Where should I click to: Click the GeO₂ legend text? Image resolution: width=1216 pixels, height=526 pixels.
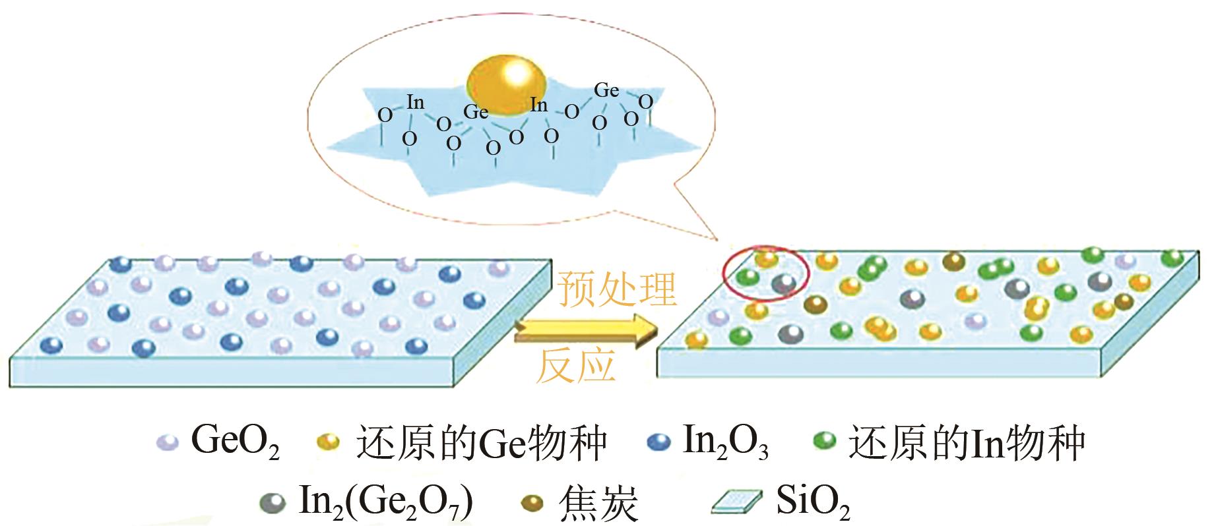coord(235,441)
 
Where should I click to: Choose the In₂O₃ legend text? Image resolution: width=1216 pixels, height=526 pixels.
coord(724,442)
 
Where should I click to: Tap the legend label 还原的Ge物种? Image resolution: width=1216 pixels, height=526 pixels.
coord(481,442)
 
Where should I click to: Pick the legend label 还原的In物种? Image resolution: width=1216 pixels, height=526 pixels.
coord(967,442)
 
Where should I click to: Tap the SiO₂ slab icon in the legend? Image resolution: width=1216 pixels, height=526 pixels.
coord(736,503)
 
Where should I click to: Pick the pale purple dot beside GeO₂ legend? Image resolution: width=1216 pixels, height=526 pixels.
coord(168,442)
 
